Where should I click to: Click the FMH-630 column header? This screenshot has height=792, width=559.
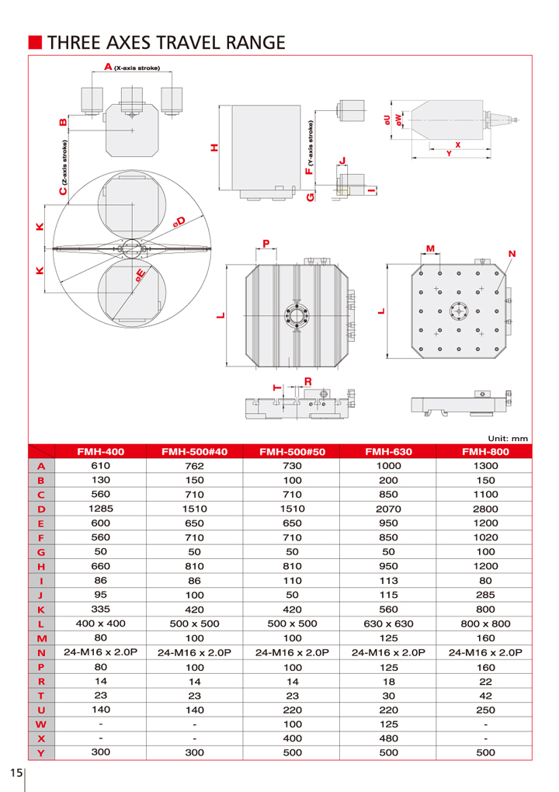click(387, 451)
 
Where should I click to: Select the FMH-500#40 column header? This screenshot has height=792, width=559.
click(194, 451)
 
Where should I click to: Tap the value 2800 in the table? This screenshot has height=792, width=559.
click(484, 509)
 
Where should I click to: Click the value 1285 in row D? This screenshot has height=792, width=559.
click(101, 509)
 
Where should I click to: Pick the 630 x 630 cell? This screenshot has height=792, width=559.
click(387, 624)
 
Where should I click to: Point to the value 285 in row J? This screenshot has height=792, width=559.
click(484, 595)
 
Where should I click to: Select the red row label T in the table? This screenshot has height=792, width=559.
click(42, 695)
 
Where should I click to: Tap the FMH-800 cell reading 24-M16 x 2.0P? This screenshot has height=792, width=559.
click(484, 652)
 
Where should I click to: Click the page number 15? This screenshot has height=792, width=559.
click(16, 773)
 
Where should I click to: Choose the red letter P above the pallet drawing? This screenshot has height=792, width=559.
click(266, 243)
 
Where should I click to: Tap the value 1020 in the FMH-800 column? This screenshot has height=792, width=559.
click(484, 537)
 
